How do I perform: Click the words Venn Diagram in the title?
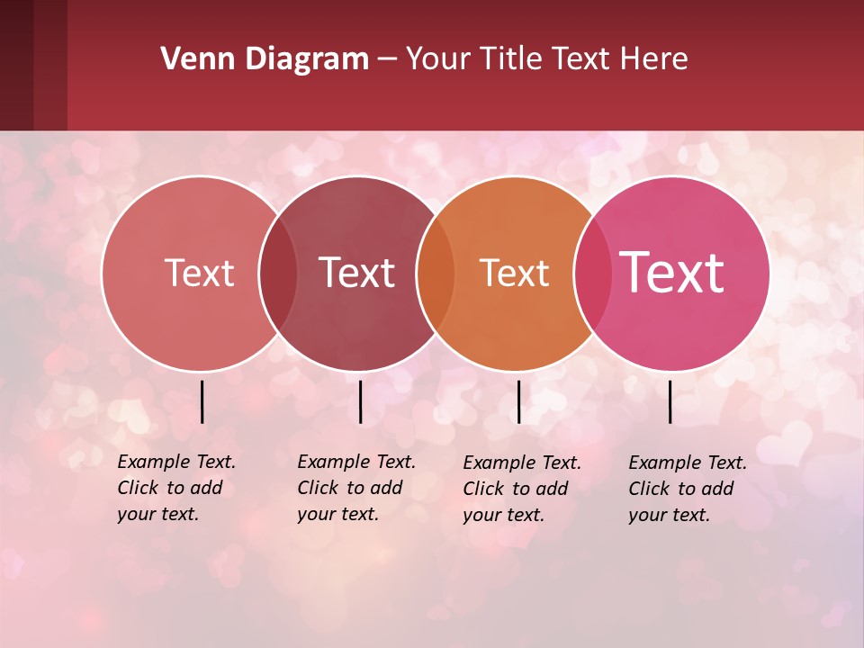coord(265,59)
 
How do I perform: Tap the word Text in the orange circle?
coord(514,274)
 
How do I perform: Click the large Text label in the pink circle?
coord(672,273)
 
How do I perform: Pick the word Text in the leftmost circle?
coord(199,274)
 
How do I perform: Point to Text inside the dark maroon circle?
coord(356,274)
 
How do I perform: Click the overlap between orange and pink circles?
coord(592,274)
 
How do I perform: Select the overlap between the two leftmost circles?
coord(278,274)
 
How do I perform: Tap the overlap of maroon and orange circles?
coord(436,274)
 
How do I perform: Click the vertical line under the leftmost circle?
coord(202,401)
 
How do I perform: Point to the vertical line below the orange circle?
coord(518,401)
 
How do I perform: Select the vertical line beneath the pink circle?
coord(670,401)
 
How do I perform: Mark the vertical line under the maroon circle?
coord(360,401)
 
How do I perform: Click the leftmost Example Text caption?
coord(175,488)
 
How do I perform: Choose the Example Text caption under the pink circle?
coord(687,489)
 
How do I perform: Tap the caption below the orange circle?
coord(521,489)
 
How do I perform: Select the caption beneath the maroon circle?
coord(355,488)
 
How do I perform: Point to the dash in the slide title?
coord(387,59)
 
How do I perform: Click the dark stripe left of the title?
coord(33,65)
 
